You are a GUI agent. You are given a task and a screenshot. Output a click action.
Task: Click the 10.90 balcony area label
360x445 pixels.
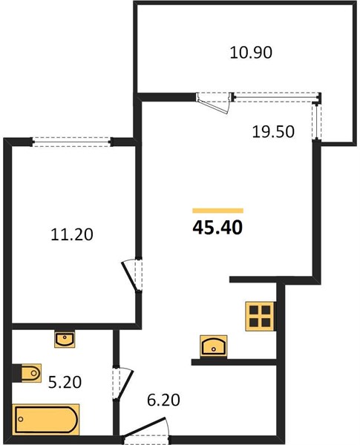pyautogui.click(x=251, y=53)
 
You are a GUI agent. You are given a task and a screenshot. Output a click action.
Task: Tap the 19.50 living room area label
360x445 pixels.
pyautogui.click(x=273, y=132)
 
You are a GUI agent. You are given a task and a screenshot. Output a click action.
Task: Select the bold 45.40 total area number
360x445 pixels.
pyautogui.click(x=217, y=228)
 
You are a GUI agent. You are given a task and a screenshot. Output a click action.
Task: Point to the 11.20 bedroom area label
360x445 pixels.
pyautogui.click(x=72, y=234)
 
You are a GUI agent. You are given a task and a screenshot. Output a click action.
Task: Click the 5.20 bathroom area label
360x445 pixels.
pyautogui.click(x=65, y=382)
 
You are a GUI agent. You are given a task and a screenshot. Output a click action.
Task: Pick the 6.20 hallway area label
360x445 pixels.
pyautogui.click(x=163, y=400)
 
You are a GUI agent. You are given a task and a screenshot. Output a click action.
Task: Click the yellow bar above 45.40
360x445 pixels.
pyautogui.click(x=218, y=211)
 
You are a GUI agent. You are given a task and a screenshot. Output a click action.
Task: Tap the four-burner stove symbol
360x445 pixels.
pyautogui.click(x=261, y=316)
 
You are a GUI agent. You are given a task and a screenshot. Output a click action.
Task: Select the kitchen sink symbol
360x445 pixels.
pyautogui.click(x=213, y=346)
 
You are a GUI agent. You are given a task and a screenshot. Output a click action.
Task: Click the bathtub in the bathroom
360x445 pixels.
pyautogui.click(x=46, y=420)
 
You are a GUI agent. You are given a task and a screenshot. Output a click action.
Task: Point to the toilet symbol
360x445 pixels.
pyautogui.click(x=27, y=373)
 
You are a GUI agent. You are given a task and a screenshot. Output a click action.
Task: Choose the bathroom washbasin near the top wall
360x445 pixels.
pyautogui.click(x=65, y=339)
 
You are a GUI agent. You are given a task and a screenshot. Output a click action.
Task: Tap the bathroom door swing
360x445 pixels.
pyautogui.click(x=122, y=383)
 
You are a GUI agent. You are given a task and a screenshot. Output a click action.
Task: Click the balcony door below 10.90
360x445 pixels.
pyautogui.click(x=215, y=103)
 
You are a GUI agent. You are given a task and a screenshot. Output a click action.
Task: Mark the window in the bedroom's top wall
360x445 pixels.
pyautogui.click(x=71, y=142)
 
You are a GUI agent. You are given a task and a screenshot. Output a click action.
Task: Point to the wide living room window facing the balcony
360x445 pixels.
pyautogui.click(x=277, y=96)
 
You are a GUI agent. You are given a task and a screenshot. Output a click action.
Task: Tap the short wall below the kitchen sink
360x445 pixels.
pyautogui.click(x=234, y=362)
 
